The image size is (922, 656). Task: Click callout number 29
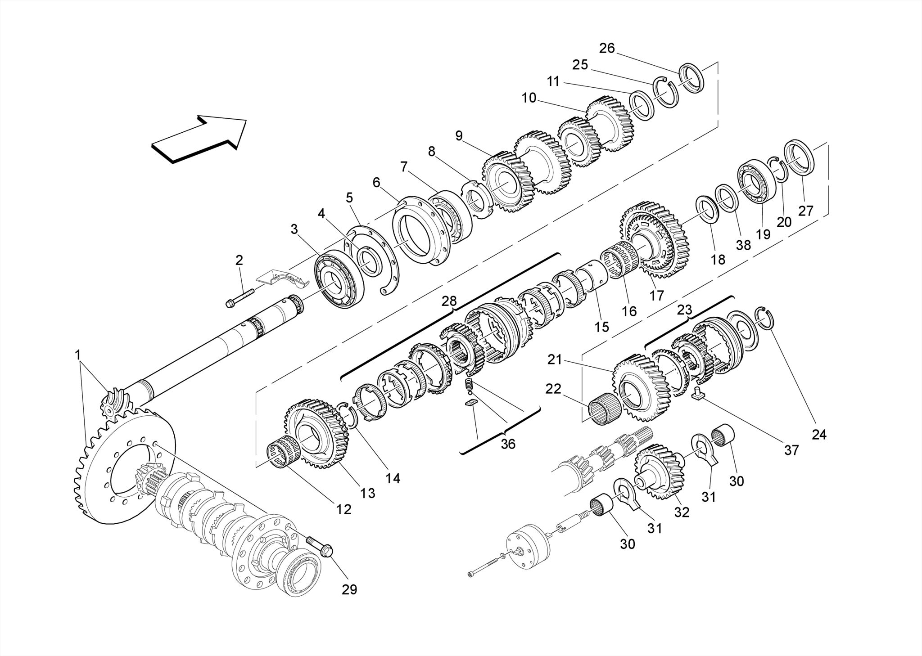349,589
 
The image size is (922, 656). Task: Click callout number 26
607,48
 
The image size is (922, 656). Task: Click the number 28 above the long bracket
449,301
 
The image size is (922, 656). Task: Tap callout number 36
508,444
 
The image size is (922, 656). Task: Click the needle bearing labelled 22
603,408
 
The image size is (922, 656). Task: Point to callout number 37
791,450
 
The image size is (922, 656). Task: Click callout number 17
657,296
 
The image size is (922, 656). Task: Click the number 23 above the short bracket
684,310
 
